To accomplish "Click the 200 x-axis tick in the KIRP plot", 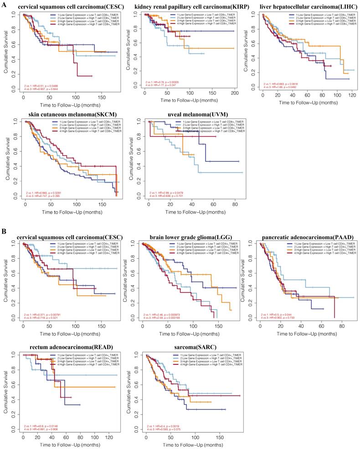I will pyautogui.click(x=234, y=93).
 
